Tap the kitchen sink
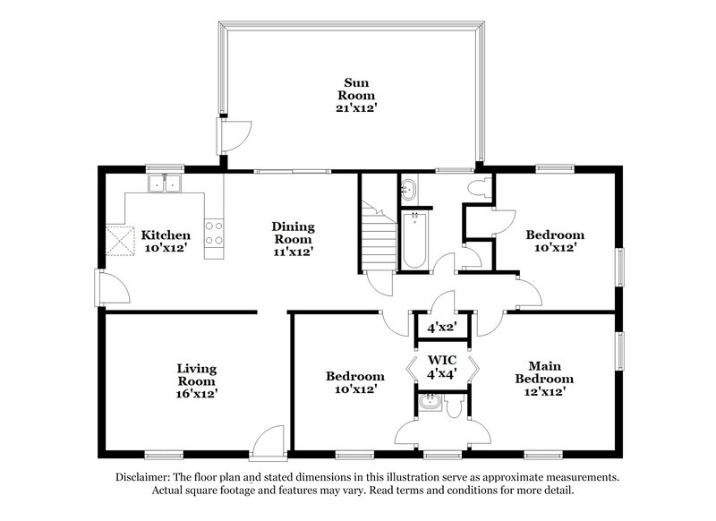point(165,184)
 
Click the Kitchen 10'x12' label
point(166,241)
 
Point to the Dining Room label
point(293,239)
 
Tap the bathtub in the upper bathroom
point(414,240)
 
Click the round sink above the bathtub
point(408,189)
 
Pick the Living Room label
point(195,380)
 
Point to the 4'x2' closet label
point(441,328)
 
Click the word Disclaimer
point(144,477)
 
